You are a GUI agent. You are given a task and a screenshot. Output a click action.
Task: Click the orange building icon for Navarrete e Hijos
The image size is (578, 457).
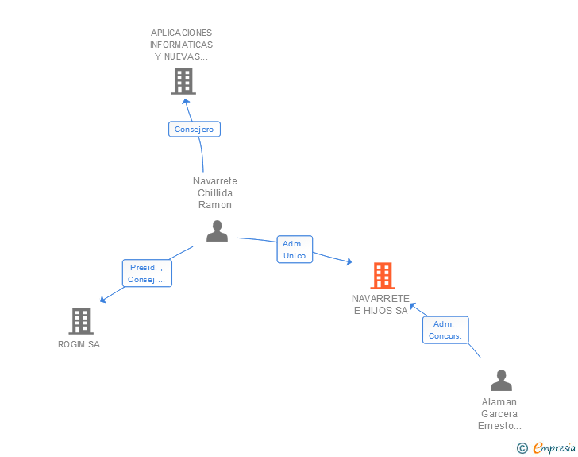click(383, 275)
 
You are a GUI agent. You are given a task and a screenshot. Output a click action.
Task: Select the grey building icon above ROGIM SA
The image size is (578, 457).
click(81, 321)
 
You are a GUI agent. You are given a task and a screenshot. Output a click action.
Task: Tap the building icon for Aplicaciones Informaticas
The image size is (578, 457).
click(183, 81)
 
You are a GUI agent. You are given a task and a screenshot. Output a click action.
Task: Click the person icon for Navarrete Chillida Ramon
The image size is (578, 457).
click(217, 231)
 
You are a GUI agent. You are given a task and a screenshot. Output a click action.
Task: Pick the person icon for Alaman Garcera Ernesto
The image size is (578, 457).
click(501, 380)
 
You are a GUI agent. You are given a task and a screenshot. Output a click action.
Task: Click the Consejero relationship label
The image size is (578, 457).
click(195, 130)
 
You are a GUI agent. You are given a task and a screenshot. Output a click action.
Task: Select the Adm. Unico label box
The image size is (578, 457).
click(295, 250)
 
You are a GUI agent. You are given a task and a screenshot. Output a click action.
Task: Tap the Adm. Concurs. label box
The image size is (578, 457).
click(445, 330)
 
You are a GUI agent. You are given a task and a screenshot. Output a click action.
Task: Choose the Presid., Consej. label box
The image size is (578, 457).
click(147, 273)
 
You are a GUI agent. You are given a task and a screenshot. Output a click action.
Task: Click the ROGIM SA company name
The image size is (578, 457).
click(79, 344)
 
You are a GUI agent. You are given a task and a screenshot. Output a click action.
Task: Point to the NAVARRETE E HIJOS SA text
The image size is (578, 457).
click(381, 304)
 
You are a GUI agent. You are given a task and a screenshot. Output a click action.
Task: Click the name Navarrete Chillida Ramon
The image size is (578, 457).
click(215, 192)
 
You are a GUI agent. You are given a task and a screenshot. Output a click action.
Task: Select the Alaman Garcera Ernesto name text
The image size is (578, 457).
click(499, 414)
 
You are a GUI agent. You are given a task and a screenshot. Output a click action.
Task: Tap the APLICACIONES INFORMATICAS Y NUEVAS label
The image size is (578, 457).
click(181, 45)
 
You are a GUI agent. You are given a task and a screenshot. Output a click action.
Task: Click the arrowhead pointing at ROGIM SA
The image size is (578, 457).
click(103, 300)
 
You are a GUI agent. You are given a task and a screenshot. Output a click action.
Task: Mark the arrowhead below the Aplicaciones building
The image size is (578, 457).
click(186, 102)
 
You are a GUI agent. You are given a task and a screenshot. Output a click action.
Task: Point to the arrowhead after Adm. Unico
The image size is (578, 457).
click(349, 261)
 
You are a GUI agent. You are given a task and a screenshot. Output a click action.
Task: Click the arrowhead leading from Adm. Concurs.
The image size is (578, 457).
click(413, 306)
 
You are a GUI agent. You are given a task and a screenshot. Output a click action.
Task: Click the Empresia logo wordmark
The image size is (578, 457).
click(554, 448)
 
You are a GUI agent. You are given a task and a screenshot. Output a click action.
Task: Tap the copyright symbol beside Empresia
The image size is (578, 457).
click(522, 448)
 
